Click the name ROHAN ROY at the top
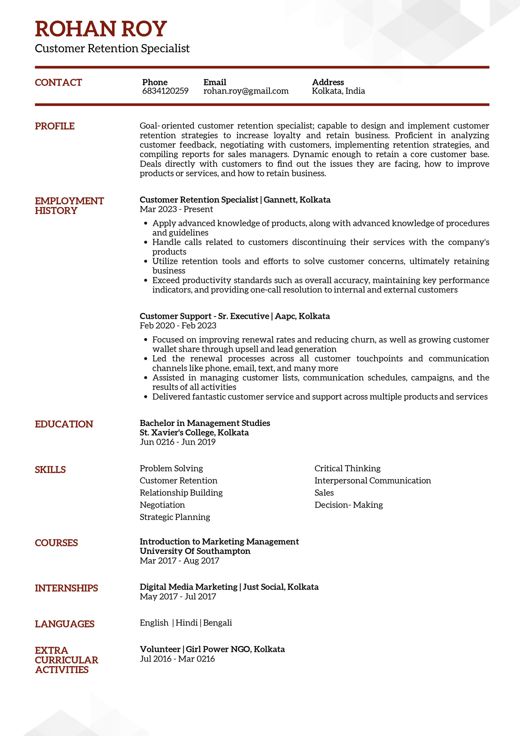tap(101, 29)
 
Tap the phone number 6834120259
tap(165, 91)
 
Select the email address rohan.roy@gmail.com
tap(246, 91)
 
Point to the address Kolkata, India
tap(338, 91)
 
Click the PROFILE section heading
tap(54, 126)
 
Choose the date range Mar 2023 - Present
tap(176, 209)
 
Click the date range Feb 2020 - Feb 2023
tap(178, 326)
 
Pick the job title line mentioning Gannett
tap(235, 200)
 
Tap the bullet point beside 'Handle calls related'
tap(146, 242)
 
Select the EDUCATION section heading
tap(64, 424)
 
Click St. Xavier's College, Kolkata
tap(194, 432)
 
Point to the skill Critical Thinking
tap(347, 468)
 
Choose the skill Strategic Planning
tap(175, 517)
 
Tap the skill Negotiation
tap(162, 505)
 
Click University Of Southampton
tap(195, 551)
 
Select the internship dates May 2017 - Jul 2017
tap(178, 596)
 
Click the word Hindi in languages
tap(186, 623)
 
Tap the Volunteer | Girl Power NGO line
tap(212, 649)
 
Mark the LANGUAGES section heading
tap(64, 624)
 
